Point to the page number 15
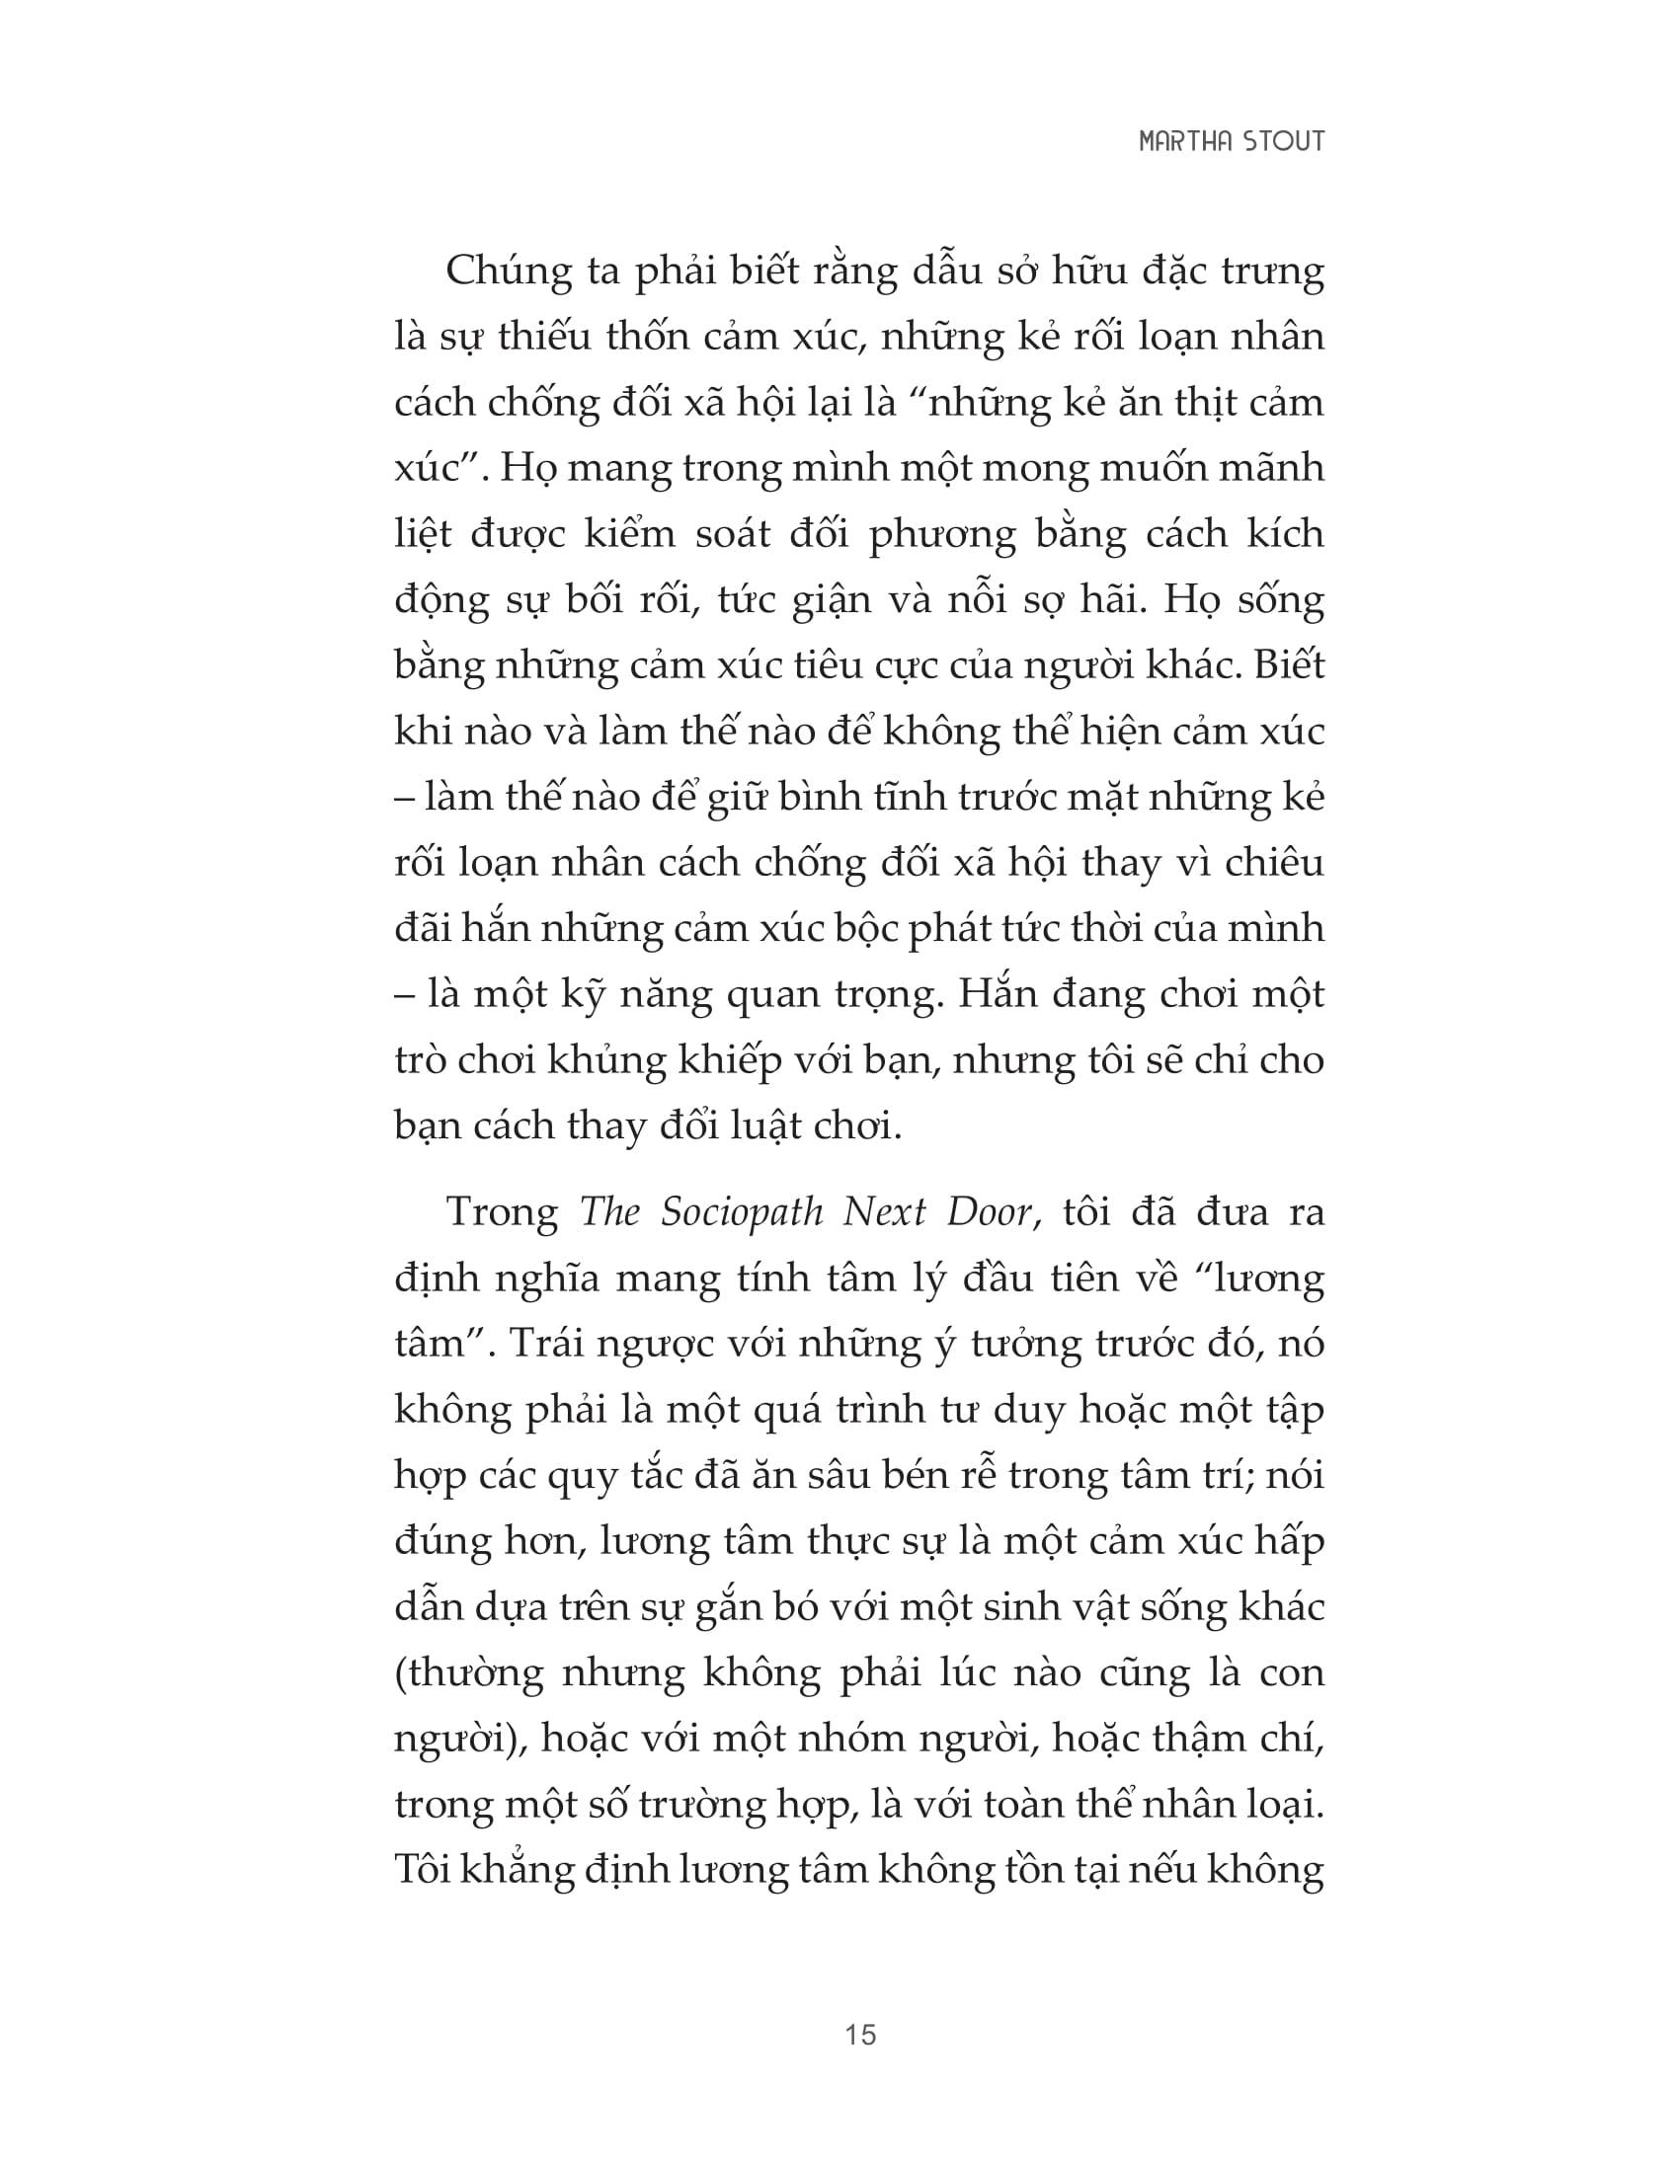tap(860, 2035)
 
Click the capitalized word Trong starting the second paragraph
tap(503, 1213)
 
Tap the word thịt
tap(1173, 404)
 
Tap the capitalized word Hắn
tap(998, 994)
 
